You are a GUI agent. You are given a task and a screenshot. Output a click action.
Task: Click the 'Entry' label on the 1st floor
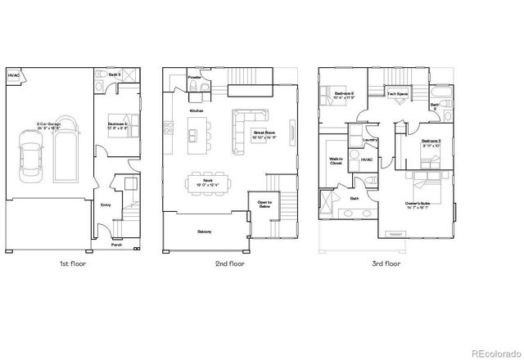point(106,205)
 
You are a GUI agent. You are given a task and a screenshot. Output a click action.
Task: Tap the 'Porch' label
point(117,244)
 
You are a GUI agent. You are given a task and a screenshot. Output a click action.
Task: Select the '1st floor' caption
point(72,264)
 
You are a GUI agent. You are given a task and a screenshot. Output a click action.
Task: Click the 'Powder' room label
point(194,78)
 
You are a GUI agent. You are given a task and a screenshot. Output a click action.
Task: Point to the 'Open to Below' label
point(264,205)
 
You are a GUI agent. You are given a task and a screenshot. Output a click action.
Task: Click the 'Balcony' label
point(204,232)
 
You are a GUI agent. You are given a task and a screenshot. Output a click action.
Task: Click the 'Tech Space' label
point(397,94)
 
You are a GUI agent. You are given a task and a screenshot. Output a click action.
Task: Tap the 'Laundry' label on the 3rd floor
point(358,140)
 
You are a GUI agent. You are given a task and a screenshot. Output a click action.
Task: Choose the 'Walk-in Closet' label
point(336,161)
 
